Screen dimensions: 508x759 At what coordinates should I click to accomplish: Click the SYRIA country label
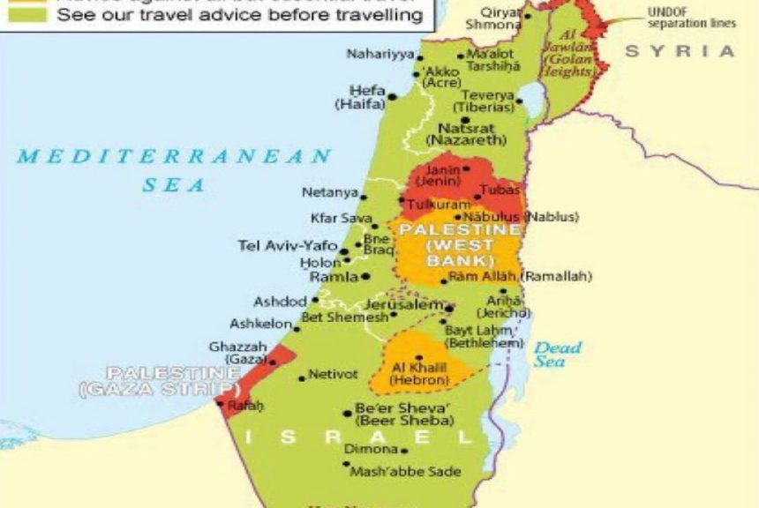pos(680,51)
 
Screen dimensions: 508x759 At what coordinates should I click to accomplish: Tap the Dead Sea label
pos(558,354)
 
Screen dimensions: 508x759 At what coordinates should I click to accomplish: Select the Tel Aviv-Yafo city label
pos(287,245)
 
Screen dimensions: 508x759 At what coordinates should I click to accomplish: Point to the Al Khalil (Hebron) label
pos(420,373)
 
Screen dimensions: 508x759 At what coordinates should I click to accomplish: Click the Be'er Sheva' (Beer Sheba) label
pos(403,415)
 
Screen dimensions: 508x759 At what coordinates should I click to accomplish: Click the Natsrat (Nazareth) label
pos(466,133)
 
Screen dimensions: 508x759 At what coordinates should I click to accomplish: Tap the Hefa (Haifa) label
pos(362,97)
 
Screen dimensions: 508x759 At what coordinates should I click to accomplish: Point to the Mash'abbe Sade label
pos(405,472)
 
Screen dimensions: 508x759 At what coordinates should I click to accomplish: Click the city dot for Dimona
pos(345,449)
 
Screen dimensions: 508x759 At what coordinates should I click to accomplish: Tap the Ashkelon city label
pos(259,324)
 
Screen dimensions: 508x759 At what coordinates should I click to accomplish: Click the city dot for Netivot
pos(301,377)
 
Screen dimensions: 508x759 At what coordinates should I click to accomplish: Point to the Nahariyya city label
pos(379,55)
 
